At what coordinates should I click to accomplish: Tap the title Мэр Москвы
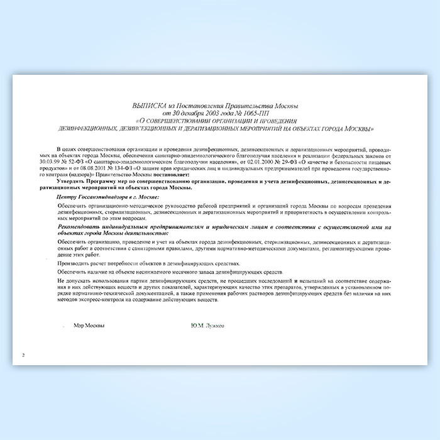(89, 326)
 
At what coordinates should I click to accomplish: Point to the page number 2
(23, 355)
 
